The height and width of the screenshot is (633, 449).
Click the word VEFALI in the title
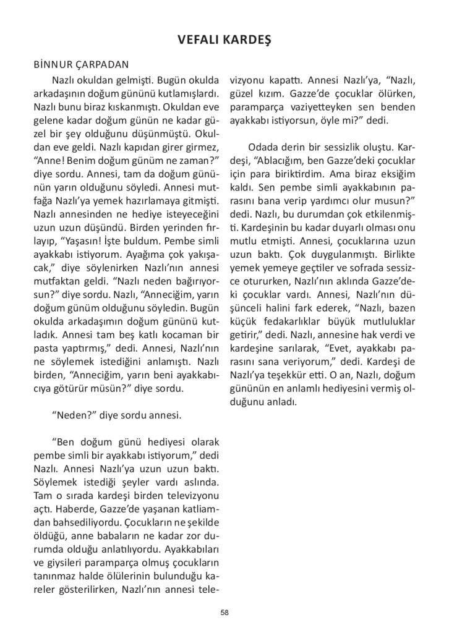(x=197, y=40)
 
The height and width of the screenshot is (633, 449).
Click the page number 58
(x=224, y=612)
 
